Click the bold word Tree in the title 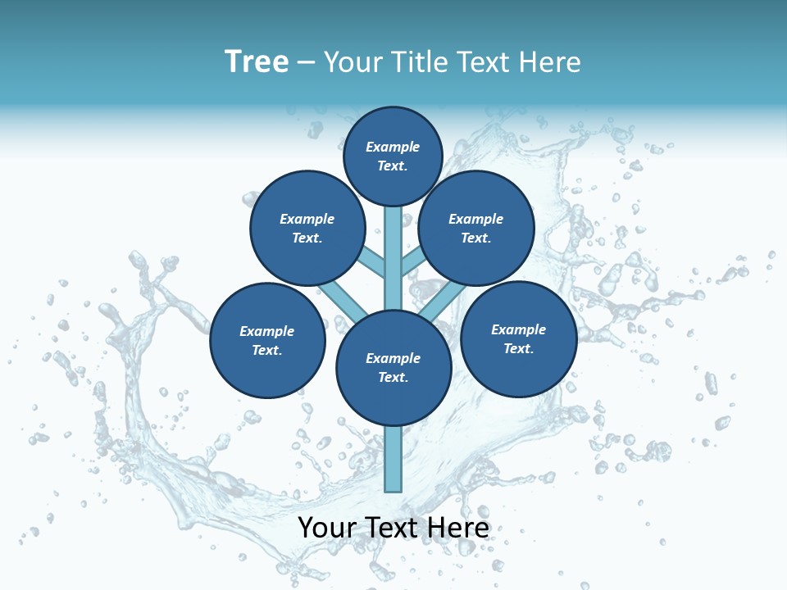(x=257, y=62)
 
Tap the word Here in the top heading (x=550, y=62)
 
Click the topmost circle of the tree (x=393, y=156)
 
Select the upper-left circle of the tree (x=307, y=228)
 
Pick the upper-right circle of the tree (x=476, y=228)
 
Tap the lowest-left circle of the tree (x=267, y=340)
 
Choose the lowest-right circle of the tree (x=518, y=338)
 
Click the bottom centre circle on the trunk (x=393, y=367)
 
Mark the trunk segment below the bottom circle (x=393, y=459)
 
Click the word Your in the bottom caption (x=327, y=528)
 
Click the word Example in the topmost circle (x=393, y=147)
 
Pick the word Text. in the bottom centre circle (x=393, y=377)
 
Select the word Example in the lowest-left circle (x=267, y=331)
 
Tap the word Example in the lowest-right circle (x=518, y=329)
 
